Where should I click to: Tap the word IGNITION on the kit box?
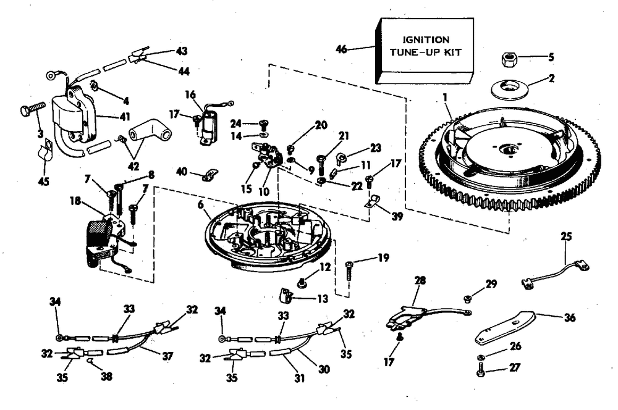tap(426, 40)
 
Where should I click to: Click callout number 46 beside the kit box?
tap(341, 49)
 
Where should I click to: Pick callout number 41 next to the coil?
tap(125, 117)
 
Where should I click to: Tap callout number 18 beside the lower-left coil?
tap(75, 201)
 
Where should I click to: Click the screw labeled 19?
tap(349, 270)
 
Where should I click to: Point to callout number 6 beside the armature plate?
tap(201, 204)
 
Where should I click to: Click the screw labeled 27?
tap(480, 371)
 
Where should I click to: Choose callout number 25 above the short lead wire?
tap(566, 236)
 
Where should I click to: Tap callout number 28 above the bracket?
tap(420, 280)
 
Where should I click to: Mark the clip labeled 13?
tap(287, 295)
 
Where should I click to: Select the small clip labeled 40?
tap(210, 175)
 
